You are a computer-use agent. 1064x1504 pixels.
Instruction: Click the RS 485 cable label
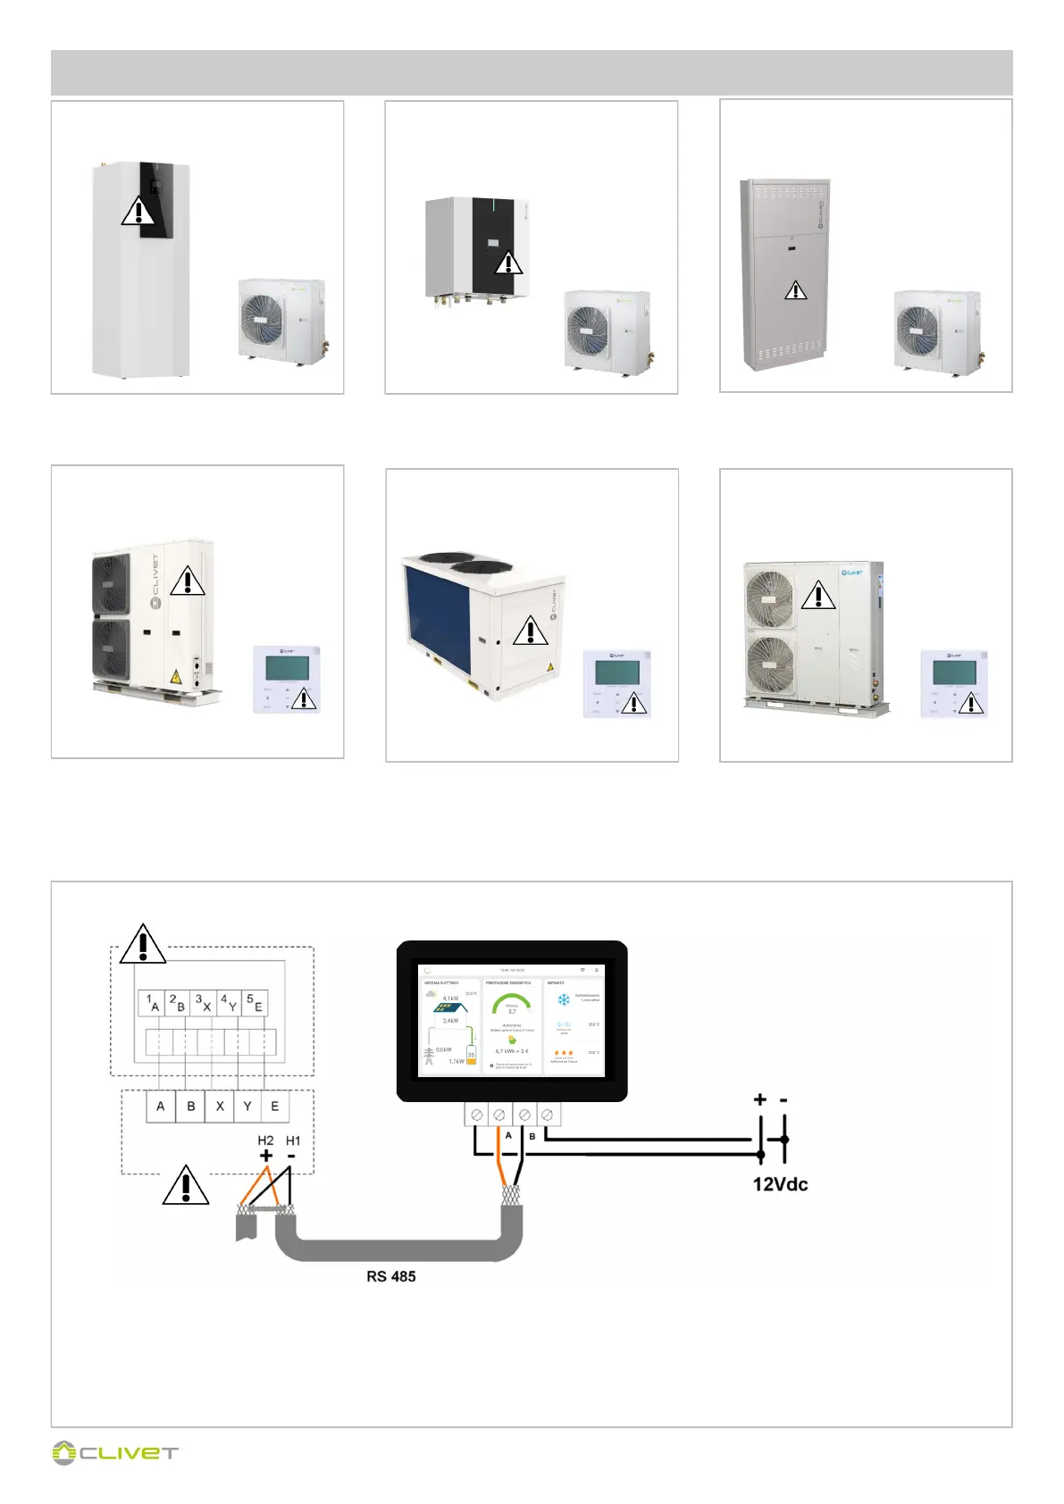tap(390, 1276)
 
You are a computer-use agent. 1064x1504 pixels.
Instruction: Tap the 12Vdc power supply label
tap(780, 1184)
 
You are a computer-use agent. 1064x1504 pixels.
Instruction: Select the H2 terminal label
tap(265, 1141)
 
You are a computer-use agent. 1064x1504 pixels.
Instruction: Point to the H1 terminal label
tap(293, 1141)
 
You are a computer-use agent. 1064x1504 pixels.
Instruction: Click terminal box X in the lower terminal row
tap(220, 1107)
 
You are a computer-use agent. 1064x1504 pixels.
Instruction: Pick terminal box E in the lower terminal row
tap(275, 1107)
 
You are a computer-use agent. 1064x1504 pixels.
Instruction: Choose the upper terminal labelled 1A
tap(152, 1003)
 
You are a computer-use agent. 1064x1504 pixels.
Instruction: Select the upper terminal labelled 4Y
tap(229, 1003)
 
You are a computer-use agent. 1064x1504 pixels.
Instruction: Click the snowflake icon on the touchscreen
tap(564, 999)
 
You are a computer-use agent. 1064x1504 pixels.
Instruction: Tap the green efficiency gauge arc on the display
tap(511, 998)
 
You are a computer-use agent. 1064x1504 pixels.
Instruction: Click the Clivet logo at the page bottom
tap(115, 1453)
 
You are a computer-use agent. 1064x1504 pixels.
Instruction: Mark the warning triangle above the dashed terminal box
tap(143, 945)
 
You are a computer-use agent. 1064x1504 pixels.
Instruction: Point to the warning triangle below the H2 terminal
tap(186, 1185)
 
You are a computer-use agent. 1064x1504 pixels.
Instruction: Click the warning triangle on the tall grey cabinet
tap(795, 290)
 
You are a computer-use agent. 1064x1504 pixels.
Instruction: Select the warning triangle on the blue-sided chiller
tap(531, 631)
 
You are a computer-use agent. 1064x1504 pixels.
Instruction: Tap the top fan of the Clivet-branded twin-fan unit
tap(769, 597)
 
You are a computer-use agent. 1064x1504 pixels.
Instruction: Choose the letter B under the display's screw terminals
tap(532, 1136)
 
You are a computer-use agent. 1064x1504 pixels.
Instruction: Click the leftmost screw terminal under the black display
tap(477, 1115)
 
